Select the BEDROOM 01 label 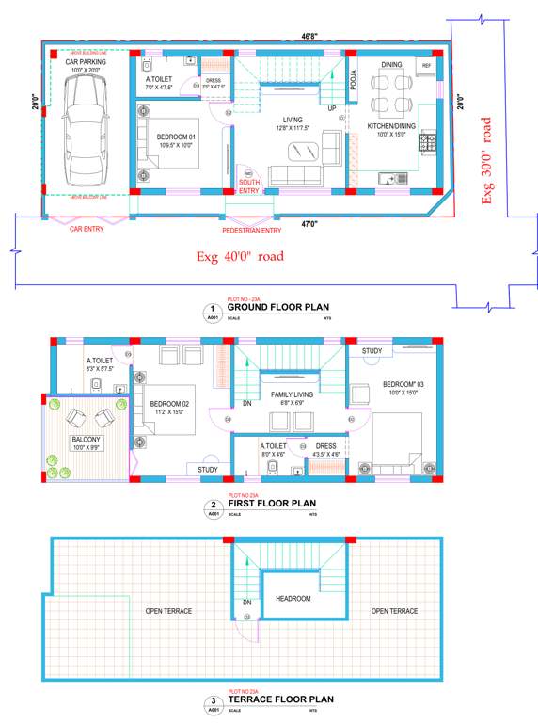[x=177, y=137]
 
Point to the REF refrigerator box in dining [x=426, y=65]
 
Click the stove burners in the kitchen [x=428, y=143]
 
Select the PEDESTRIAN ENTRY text [x=251, y=230]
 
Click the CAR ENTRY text [x=87, y=228]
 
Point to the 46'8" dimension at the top [x=309, y=36]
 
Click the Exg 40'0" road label [x=239, y=256]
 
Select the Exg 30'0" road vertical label [x=486, y=160]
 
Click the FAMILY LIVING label [x=293, y=394]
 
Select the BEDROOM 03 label [x=403, y=384]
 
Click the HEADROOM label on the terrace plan [x=293, y=598]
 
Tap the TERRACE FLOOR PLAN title [x=280, y=699]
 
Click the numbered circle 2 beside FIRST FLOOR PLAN [x=213, y=506]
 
